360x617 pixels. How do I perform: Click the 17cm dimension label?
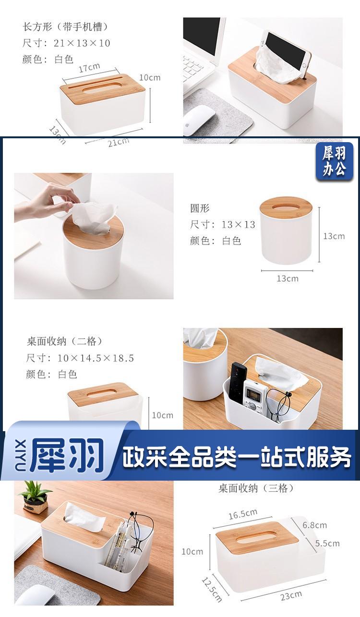coord(89,68)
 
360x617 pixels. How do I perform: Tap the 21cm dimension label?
coord(119,142)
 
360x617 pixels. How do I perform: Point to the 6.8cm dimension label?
coord(314,525)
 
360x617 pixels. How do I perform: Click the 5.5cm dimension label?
coord(327,543)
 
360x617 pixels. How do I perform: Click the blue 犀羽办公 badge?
coord(334,161)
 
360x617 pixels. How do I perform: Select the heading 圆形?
coord(200,208)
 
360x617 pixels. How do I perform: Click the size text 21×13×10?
coord(82,43)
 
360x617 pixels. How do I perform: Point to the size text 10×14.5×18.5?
coord(96,358)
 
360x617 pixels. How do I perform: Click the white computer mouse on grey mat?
coord(199,120)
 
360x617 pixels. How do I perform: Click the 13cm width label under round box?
coord(288,278)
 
